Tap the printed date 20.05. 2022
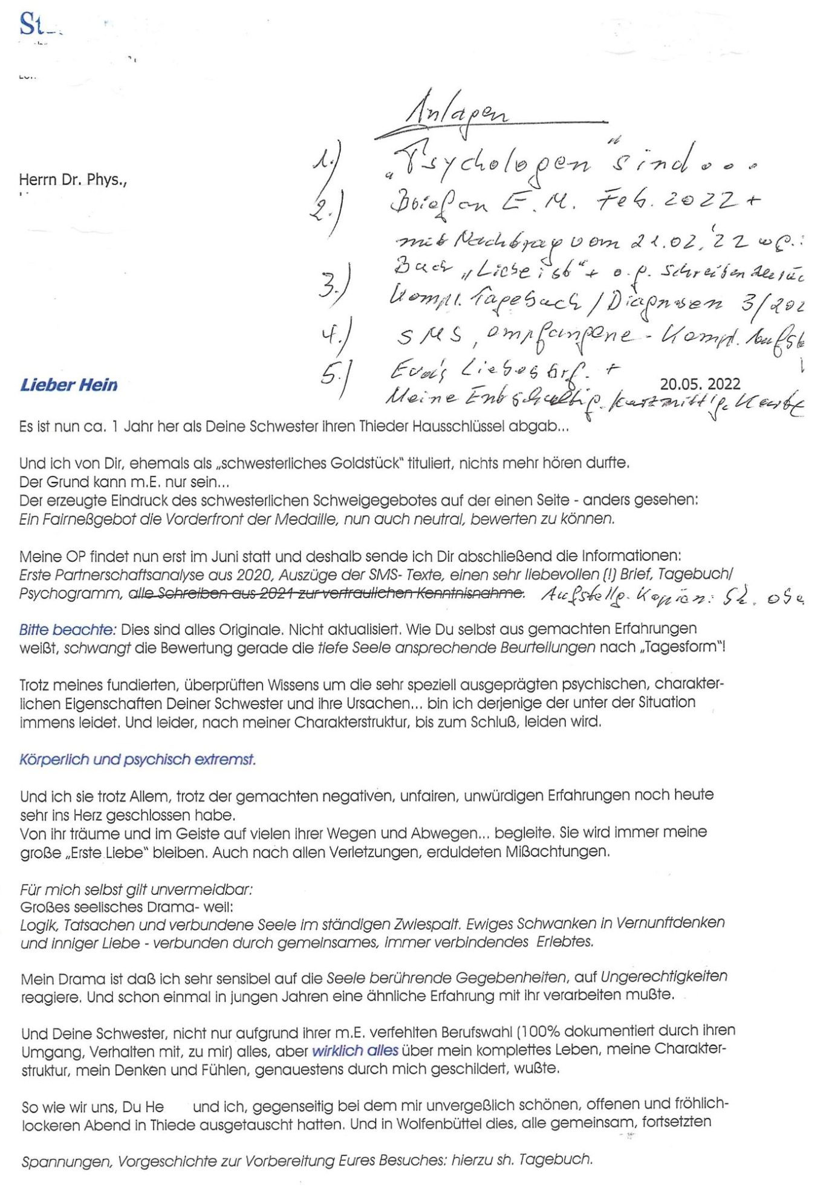tap(700, 384)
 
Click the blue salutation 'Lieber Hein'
tap(69, 385)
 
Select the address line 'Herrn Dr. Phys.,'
tap(73, 180)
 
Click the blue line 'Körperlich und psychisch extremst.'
tap(137, 759)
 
